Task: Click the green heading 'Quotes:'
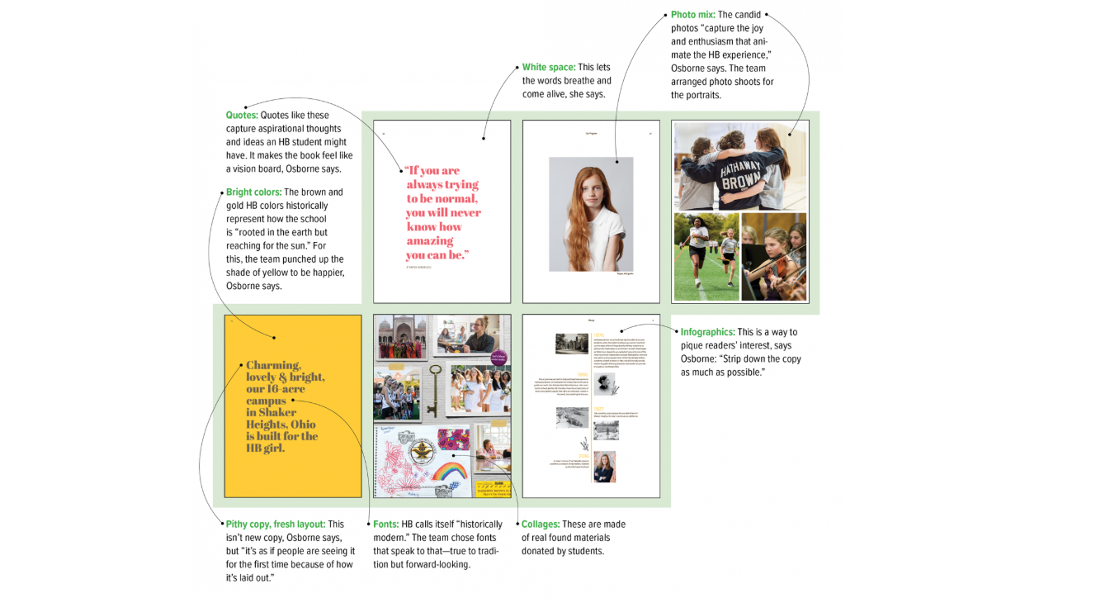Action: point(242,116)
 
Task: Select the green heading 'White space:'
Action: point(549,68)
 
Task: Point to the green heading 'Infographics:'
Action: point(708,332)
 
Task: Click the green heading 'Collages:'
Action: point(541,524)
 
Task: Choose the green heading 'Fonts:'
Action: point(386,524)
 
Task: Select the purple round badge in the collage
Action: point(498,358)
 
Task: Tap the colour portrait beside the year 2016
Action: point(604,467)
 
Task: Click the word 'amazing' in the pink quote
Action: point(430,241)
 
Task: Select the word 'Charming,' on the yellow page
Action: point(273,365)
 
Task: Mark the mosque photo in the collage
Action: point(400,336)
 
